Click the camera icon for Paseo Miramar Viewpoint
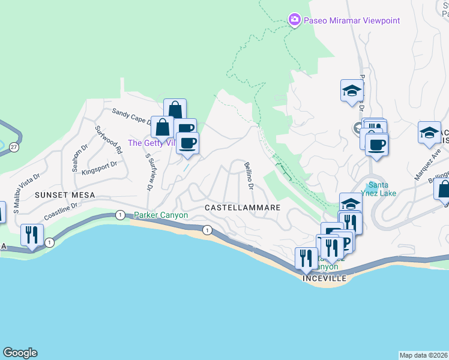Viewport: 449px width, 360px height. click(294, 20)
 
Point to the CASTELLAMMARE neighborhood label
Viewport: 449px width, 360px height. click(243, 207)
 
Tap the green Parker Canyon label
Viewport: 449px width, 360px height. click(161, 215)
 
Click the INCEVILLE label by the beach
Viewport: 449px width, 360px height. click(325, 278)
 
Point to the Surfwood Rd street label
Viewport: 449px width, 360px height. click(110, 141)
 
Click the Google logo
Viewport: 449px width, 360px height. click(20, 353)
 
